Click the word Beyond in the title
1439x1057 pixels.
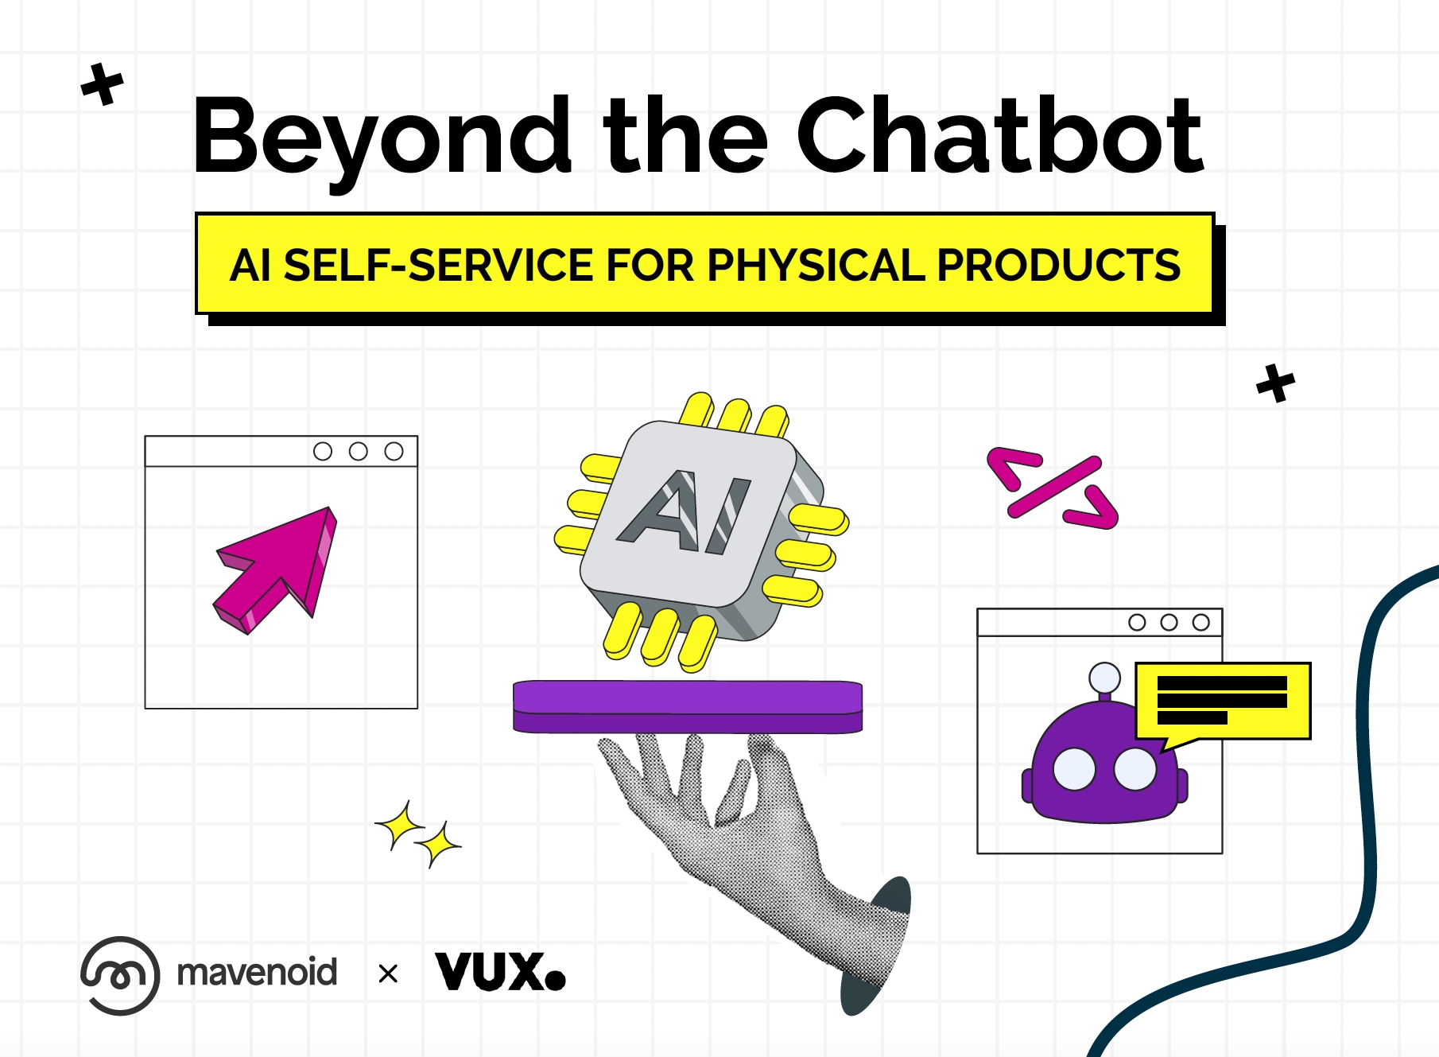tap(382, 139)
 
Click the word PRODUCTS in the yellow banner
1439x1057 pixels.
tap(1059, 265)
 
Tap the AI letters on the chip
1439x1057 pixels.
tap(684, 512)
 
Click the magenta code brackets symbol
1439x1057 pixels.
tap(1053, 488)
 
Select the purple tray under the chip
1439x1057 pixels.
tap(688, 706)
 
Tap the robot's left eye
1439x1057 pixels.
tap(1074, 769)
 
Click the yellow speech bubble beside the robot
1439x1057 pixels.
tap(1222, 702)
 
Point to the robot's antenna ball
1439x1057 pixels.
tap(1104, 678)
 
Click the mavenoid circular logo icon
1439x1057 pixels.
tap(119, 975)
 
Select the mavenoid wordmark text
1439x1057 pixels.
tap(257, 973)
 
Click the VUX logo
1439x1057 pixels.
tap(500, 971)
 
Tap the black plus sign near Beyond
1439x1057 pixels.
tap(103, 84)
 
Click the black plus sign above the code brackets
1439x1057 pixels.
tap(1276, 383)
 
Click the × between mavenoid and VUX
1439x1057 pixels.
tap(388, 973)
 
